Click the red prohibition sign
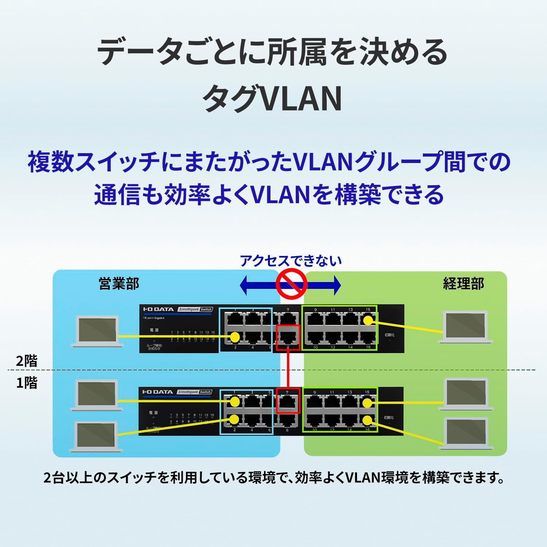pyautogui.click(x=291, y=284)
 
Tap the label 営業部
pyautogui.click(x=119, y=284)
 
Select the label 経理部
pyautogui.click(x=463, y=284)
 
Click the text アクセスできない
pyautogui.click(x=291, y=261)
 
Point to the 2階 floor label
pyautogui.click(x=27, y=361)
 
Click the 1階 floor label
pyautogui.click(x=27, y=383)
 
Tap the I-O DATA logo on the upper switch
pyautogui.click(x=158, y=309)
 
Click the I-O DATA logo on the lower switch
pyautogui.click(x=158, y=392)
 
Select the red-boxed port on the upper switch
pyautogui.click(x=288, y=337)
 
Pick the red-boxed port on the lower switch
pyautogui.click(x=288, y=400)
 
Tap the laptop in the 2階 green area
pyautogui.click(x=465, y=327)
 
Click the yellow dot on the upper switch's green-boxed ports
pyautogui.click(x=368, y=321)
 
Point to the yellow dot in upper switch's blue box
pyautogui.click(x=235, y=337)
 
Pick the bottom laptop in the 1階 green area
pyautogui.click(x=466, y=433)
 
